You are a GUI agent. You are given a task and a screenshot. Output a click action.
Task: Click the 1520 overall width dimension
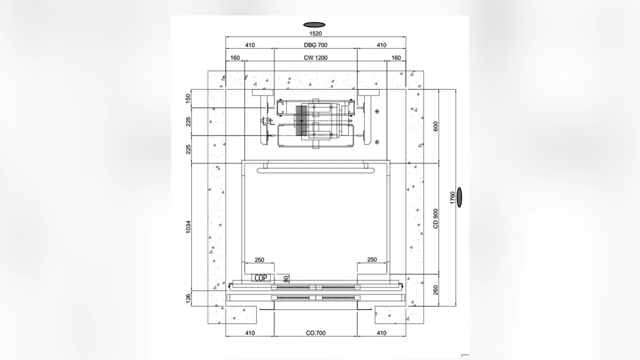[x=315, y=33]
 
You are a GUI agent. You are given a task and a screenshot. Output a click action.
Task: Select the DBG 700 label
[x=315, y=45]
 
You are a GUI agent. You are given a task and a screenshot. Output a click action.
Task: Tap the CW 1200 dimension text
[x=315, y=57]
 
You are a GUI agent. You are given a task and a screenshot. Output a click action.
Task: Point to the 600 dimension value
[x=435, y=126]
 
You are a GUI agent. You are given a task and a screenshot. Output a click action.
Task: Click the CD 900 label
[x=435, y=218]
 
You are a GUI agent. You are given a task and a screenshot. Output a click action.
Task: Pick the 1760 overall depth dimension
[x=452, y=197]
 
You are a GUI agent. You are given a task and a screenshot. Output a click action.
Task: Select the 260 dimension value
[x=435, y=290]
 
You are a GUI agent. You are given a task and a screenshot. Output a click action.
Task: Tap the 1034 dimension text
[x=188, y=227]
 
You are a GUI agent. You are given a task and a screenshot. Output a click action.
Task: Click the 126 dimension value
[x=188, y=299]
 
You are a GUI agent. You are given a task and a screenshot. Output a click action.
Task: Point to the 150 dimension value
[x=188, y=98]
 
